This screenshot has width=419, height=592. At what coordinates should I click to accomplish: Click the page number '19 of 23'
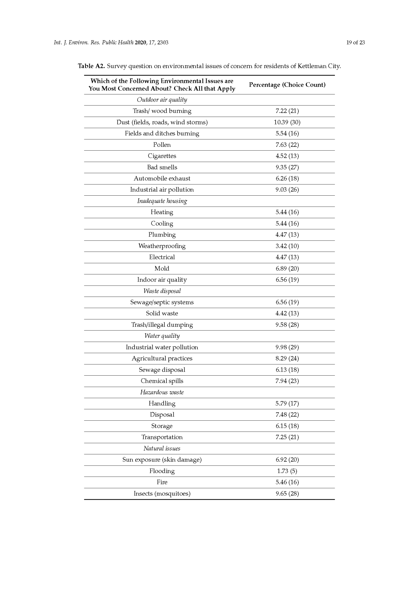click(355, 42)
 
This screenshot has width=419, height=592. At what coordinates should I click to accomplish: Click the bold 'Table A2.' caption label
click(91, 66)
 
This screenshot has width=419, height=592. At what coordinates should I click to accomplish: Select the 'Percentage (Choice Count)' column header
click(287, 85)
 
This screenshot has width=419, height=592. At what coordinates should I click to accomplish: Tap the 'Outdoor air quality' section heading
click(162, 100)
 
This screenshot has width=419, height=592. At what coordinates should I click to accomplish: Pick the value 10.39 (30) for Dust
click(287, 122)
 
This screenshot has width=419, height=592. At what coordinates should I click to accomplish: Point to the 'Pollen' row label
click(162, 145)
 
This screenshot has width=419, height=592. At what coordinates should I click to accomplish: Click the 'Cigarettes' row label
click(162, 156)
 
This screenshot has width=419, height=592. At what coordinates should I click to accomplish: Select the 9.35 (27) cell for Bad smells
click(287, 167)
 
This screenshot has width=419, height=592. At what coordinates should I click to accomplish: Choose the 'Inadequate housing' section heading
click(162, 201)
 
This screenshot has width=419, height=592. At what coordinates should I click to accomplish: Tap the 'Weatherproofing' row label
click(162, 246)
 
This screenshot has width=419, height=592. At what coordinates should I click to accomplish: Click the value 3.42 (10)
click(287, 246)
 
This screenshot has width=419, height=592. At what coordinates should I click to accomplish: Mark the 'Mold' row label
click(162, 268)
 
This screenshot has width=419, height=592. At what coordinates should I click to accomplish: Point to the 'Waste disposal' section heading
click(162, 291)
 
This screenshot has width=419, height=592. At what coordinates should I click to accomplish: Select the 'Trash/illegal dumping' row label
click(162, 325)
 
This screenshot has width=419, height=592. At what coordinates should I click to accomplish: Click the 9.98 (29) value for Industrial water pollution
click(287, 347)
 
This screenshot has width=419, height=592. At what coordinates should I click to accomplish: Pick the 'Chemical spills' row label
click(162, 381)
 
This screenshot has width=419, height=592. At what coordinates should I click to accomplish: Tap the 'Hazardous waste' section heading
click(162, 392)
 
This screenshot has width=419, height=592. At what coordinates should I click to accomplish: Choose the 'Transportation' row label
click(162, 437)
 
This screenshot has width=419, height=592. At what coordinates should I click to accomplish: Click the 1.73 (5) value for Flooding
click(287, 471)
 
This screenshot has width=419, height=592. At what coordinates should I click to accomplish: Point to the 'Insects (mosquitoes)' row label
click(162, 493)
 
